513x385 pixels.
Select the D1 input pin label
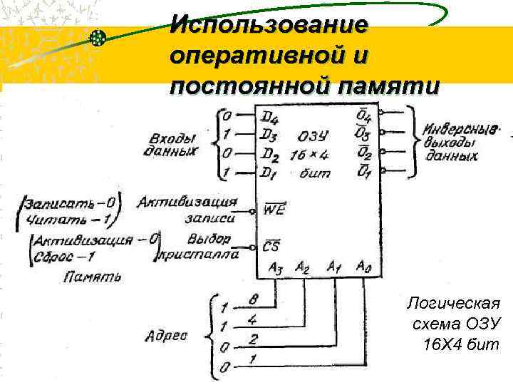coord(268,173)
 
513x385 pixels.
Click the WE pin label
coord(272,210)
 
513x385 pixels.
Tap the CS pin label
coord(271,247)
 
